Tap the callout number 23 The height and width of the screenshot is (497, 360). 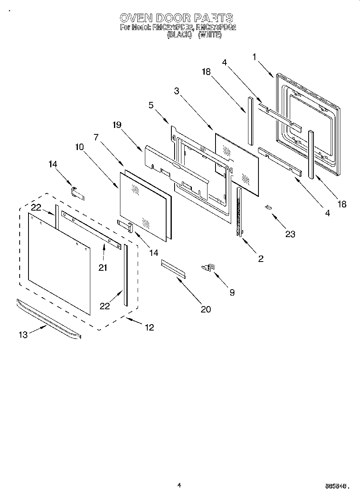290,234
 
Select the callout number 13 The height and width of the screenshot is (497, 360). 23,335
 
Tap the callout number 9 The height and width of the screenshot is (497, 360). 232,292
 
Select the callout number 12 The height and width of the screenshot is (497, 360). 149,328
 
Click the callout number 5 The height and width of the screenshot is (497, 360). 151,105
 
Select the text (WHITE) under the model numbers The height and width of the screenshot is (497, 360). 209,35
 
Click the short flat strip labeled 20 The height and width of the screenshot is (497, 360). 174,268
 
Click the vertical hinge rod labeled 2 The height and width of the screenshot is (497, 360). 240,213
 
